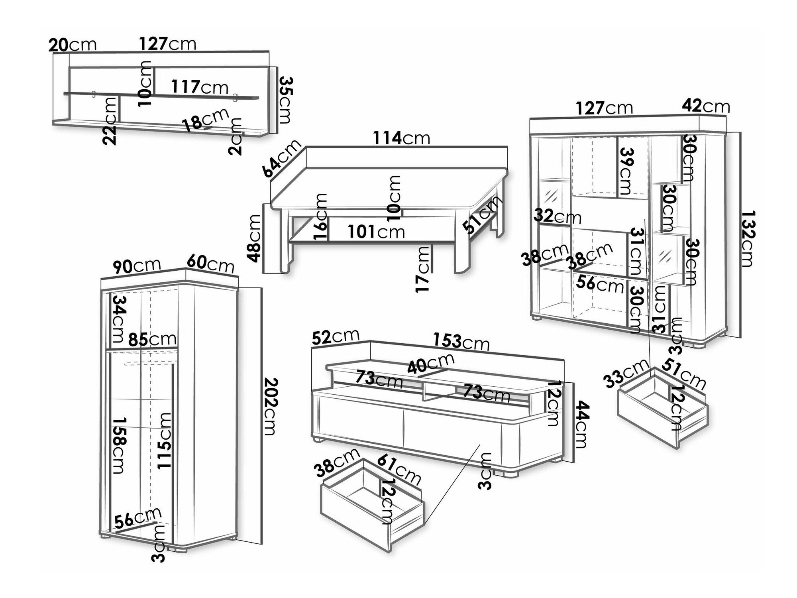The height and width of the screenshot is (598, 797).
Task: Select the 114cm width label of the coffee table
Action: point(401,138)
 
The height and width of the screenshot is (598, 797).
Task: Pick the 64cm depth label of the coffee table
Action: point(282,158)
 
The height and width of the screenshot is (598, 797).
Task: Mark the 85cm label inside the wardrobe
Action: point(152,339)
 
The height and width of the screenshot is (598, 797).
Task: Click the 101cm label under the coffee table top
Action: point(376,232)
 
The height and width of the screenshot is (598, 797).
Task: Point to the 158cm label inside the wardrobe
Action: point(120,445)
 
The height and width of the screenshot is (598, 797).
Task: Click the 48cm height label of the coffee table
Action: point(254,238)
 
